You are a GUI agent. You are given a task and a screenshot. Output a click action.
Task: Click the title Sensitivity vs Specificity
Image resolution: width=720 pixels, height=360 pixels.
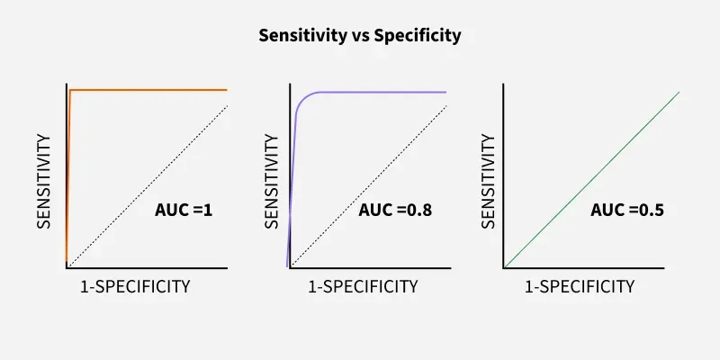(360, 36)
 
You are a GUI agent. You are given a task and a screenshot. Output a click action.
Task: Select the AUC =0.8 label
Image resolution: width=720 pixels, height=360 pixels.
(395, 211)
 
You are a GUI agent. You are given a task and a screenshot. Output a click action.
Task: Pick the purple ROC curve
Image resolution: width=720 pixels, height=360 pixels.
(378, 92)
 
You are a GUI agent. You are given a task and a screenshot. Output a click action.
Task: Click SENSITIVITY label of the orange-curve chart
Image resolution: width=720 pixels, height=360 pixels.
(42, 180)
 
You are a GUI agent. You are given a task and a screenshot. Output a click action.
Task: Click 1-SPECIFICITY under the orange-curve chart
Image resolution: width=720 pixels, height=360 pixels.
(135, 287)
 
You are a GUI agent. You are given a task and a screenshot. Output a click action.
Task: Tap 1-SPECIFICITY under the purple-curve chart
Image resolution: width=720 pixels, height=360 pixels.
(363, 287)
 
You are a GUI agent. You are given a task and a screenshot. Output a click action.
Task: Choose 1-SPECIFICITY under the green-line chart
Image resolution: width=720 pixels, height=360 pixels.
(580, 287)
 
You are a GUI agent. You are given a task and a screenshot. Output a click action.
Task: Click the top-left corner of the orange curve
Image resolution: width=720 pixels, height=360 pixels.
(70, 91)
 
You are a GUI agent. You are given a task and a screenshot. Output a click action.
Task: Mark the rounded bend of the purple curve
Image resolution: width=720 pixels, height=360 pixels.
(302, 101)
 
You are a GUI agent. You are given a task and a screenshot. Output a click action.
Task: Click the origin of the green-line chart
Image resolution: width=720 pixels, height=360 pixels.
(504, 267)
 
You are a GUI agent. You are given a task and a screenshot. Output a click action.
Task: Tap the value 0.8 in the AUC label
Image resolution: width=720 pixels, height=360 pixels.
(419, 211)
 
